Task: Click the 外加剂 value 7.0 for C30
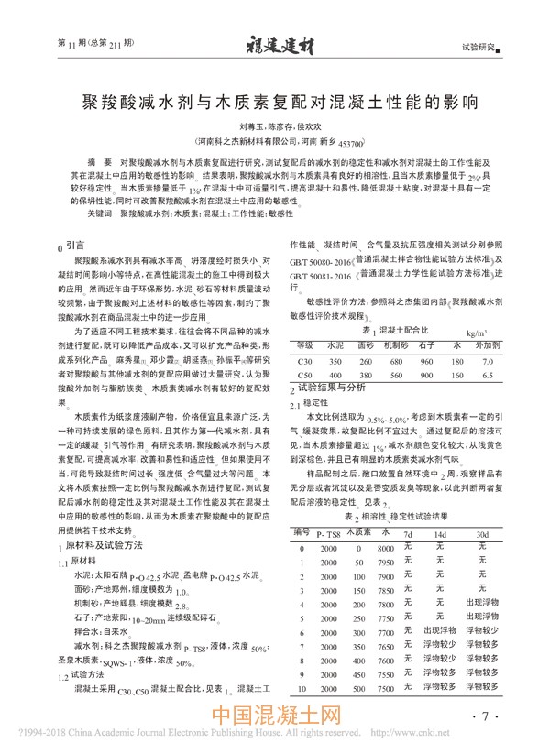pyautogui.click(x=487, y=362)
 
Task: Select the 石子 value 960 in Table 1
pyautogui.click(x=425, y=362)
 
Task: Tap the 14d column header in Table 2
pyautogui.click(x=440, y=533)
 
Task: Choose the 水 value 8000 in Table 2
pyautogui.click(x=385, y=547)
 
